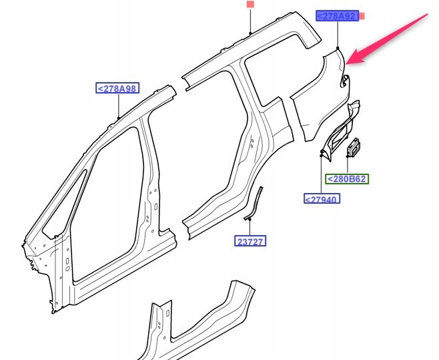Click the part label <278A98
(x=117, y=88)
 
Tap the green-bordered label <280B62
(x=346, y=179)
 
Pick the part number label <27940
(x=322, y=198)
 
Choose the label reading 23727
(x=251, y=240)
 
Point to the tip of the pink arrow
(x=349, y=63)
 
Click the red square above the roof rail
(x=250, y=5)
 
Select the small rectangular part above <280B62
(x=354, y=148)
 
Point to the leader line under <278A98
(x=117, y=106)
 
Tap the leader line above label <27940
(x=322, y=175)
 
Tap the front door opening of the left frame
(x=107, y=214)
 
